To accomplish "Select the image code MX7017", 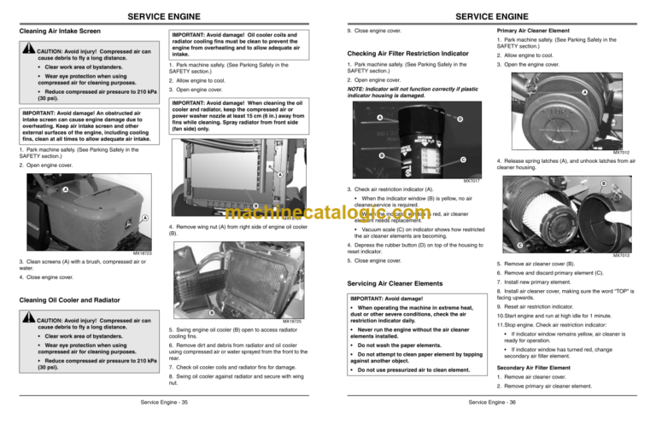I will pos(471,181).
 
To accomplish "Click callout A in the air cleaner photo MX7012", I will pos(607,93).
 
